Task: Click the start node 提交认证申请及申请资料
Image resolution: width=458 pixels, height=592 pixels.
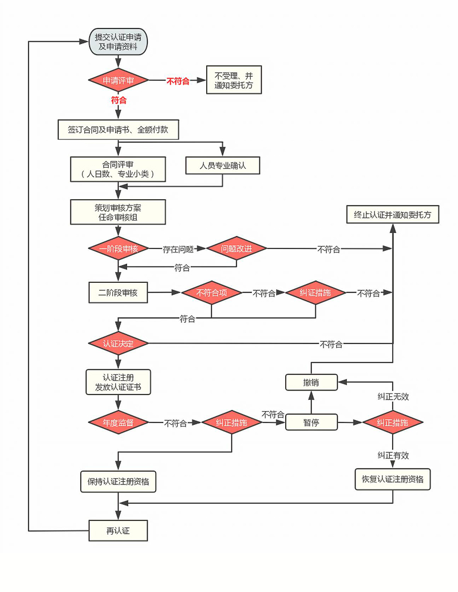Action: (118, 42)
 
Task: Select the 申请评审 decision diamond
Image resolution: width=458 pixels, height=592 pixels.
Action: (118, 81)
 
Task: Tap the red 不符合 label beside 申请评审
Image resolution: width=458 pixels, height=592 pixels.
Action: (177, 81)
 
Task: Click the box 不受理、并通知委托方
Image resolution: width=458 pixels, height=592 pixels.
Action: (233, 81)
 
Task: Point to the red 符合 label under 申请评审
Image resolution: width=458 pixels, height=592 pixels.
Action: (119, 100)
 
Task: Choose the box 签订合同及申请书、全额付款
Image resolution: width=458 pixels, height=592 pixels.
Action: (119, 129)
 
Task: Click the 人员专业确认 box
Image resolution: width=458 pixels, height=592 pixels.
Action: (222, 165)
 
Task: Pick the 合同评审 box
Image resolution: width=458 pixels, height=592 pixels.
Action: (118, 169)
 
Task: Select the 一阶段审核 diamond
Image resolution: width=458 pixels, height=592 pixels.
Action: (118, 248)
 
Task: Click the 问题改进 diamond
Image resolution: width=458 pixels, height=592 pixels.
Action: (237, 248)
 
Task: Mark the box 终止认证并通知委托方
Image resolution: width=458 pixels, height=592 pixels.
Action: (393, 215)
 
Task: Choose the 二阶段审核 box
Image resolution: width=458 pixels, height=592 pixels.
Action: (118, 293)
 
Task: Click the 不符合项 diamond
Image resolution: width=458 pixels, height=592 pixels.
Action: (211, 293)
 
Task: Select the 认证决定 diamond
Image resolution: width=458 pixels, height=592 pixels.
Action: (118, 344)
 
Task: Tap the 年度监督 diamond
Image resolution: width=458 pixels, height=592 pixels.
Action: (118, 423)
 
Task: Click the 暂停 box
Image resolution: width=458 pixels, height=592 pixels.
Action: (311, 423)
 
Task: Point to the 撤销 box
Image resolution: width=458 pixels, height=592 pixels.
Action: (311, 382)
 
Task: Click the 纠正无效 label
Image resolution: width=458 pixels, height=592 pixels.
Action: (393, 396)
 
